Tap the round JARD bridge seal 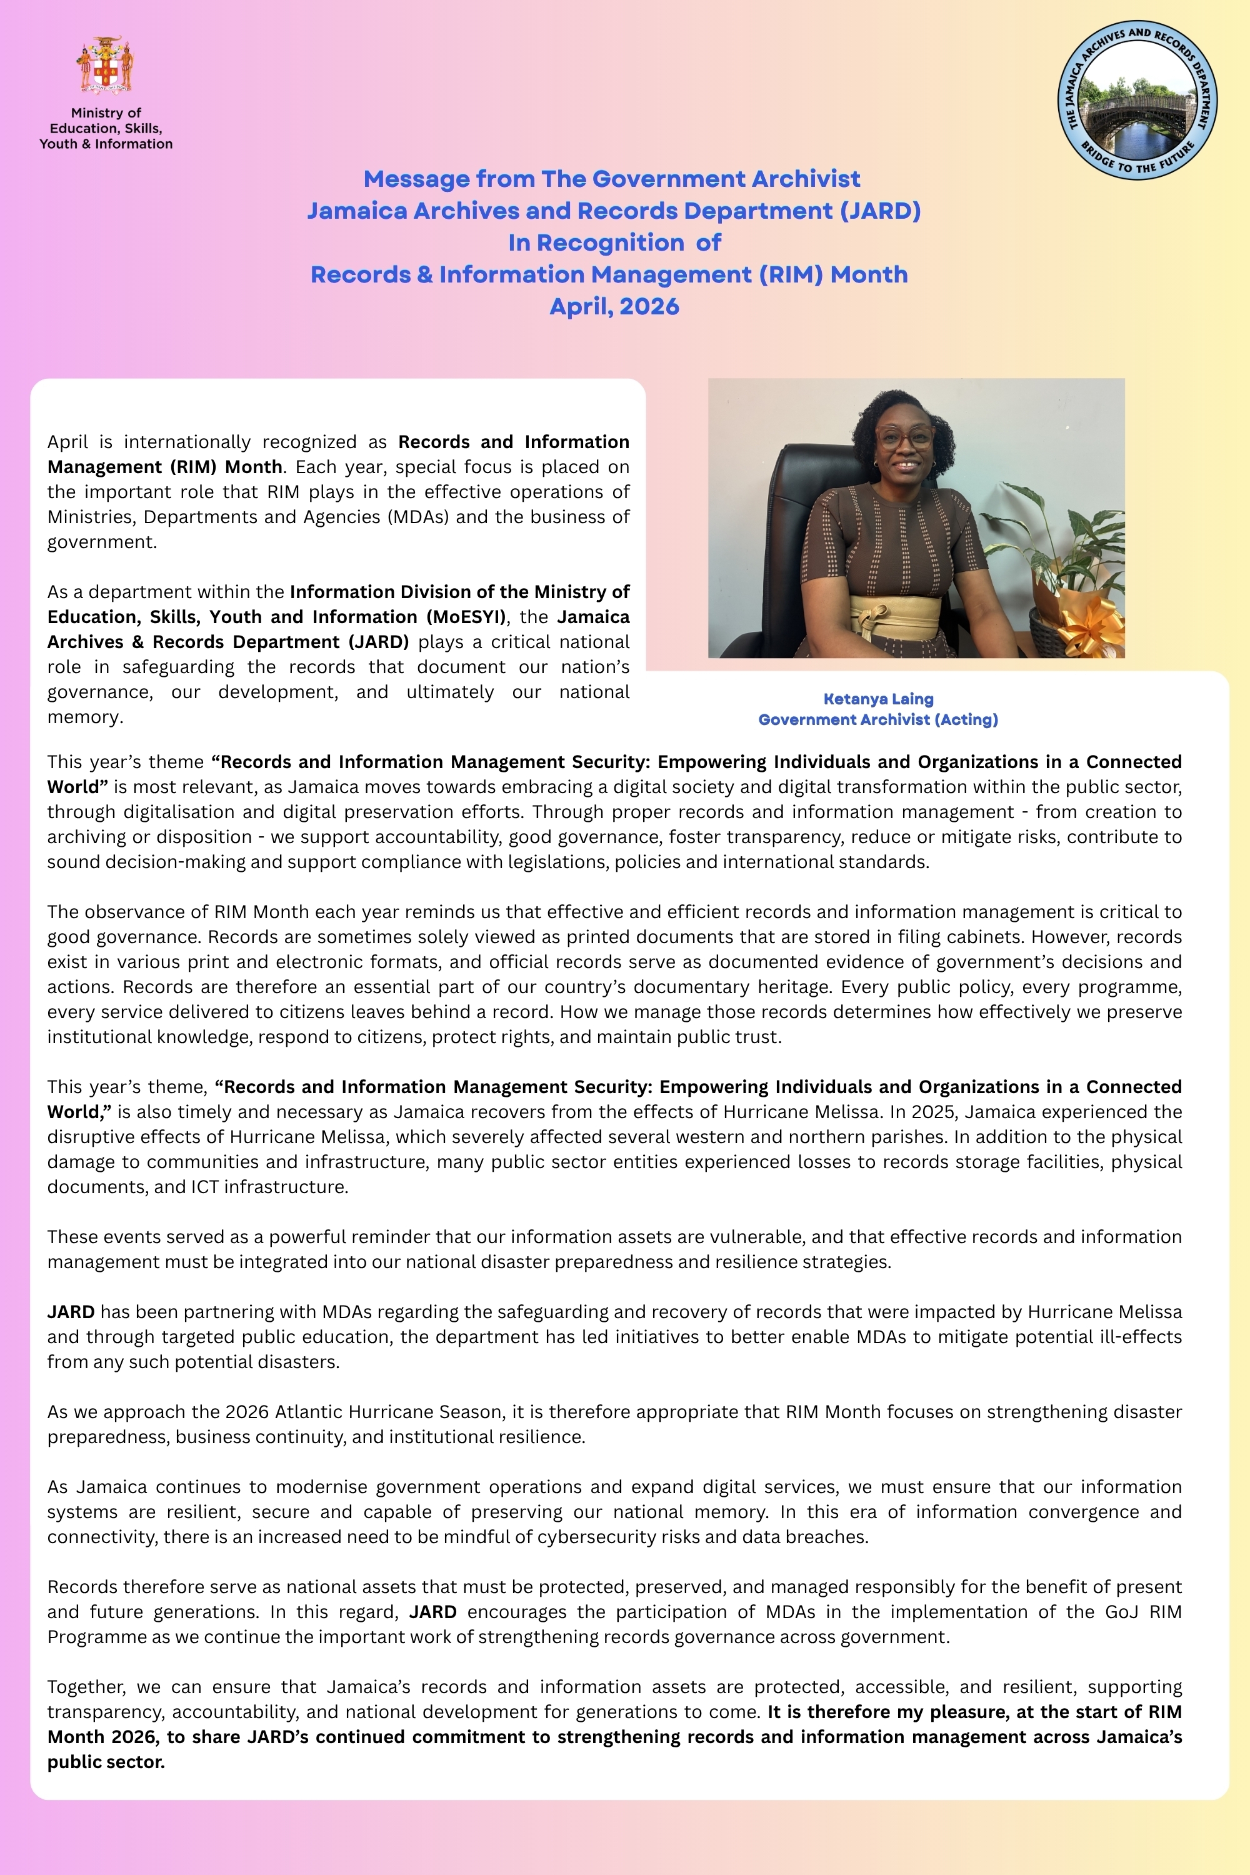click(1137, 99)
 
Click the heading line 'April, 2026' click(614, 307)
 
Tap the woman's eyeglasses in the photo click(905, 437)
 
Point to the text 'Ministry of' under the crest click(106, 113)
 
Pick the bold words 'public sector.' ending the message click(106, 1762)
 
